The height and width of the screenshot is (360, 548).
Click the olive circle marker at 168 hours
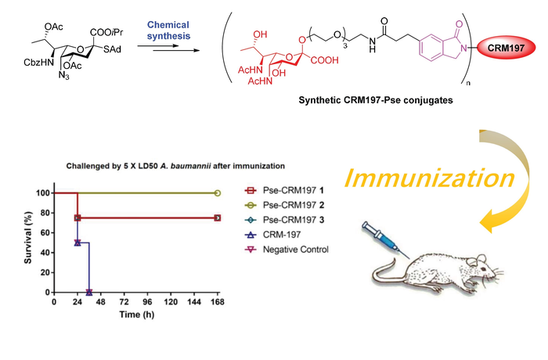tap(217, 193)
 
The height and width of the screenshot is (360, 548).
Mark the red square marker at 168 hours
tap(217, 218)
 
